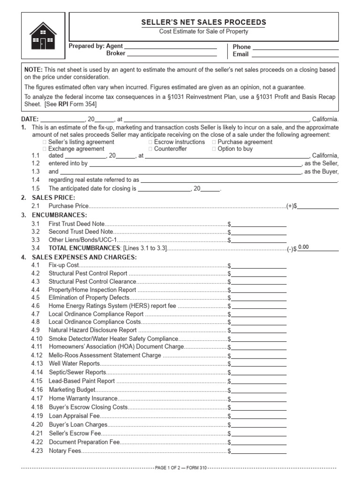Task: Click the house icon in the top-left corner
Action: tap(43, 36)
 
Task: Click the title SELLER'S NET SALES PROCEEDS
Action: tap(204, 22)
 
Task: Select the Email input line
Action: tap(295, 54)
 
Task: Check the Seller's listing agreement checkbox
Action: tap(45, 142)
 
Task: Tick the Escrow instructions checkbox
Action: tap(150, 142)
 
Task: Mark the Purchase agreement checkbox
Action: tap(214, 142)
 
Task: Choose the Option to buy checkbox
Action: tap(214, 149)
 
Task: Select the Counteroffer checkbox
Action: tap(150, 149)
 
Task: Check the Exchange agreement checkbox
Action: tap(45, 149)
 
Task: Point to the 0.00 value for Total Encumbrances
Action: tap(304, 247)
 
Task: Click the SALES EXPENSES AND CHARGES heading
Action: tap(84, 257)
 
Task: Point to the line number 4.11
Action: tap(37, 346)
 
